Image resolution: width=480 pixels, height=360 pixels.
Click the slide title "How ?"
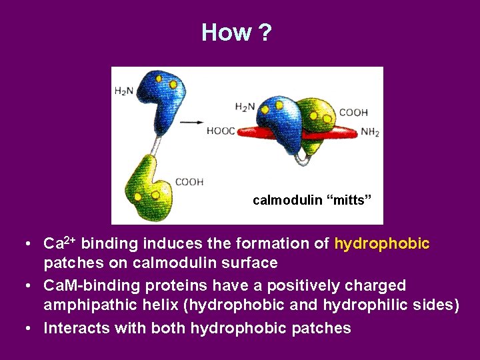(237, 32)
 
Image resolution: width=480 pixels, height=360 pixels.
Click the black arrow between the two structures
(193, 122)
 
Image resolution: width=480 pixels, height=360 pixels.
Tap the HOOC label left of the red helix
(221, 131)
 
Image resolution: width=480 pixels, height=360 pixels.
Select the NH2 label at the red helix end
(370, 132)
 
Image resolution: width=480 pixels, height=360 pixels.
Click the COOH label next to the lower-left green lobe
(189, 181)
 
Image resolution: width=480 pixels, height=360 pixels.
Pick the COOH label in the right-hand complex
(353, 113)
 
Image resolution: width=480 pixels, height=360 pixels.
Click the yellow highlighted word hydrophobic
(382, 244)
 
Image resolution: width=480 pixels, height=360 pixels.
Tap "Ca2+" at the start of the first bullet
(61, 244)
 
